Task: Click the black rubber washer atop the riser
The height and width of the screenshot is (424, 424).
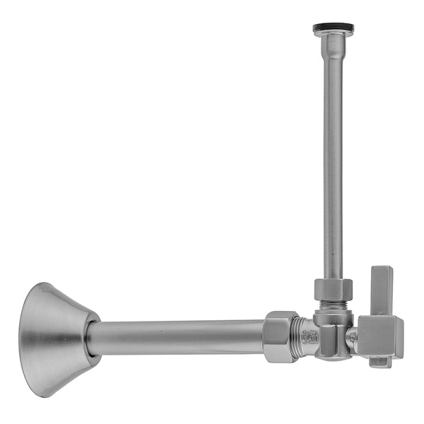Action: click(x=334, y=29)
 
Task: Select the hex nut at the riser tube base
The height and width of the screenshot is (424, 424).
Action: click(x=333, y=290)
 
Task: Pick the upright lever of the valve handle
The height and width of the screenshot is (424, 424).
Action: click(x=382, y=290)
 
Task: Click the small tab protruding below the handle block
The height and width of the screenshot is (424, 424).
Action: click(x=379, y=363)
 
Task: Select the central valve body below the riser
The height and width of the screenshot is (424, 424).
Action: click(x=331, y=332)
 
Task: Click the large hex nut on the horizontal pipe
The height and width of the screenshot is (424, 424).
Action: click(x=281, y=337)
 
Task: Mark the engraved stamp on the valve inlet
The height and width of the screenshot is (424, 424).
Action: click(x=310, y=338)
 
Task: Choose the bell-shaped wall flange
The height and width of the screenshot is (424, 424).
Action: click(x=57, y=338)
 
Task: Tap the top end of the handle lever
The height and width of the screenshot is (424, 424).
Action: click(x=382, y=270)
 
